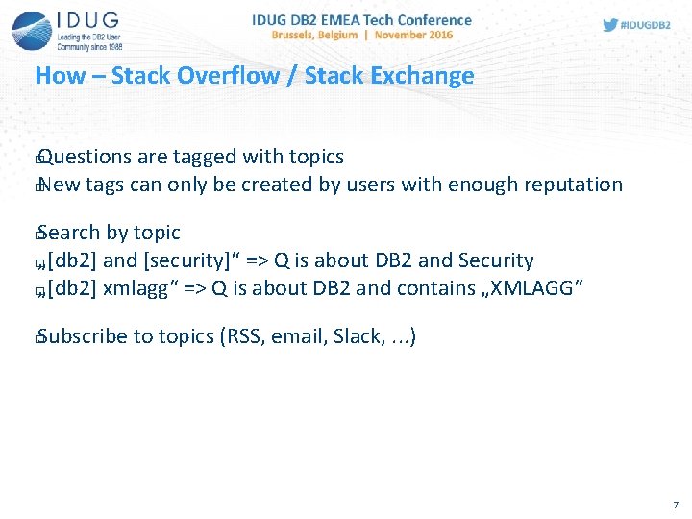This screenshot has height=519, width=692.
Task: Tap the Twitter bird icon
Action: (610, 25)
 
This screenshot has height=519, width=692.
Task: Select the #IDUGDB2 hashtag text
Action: (647, 26)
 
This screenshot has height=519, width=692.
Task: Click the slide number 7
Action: (676, 505)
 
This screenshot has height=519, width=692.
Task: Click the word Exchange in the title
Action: (423, 76)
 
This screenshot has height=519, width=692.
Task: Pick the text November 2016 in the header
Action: (414, 35)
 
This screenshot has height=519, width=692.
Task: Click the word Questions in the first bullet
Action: (84, 157)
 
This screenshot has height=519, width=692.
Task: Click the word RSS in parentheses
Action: (243, 336)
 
